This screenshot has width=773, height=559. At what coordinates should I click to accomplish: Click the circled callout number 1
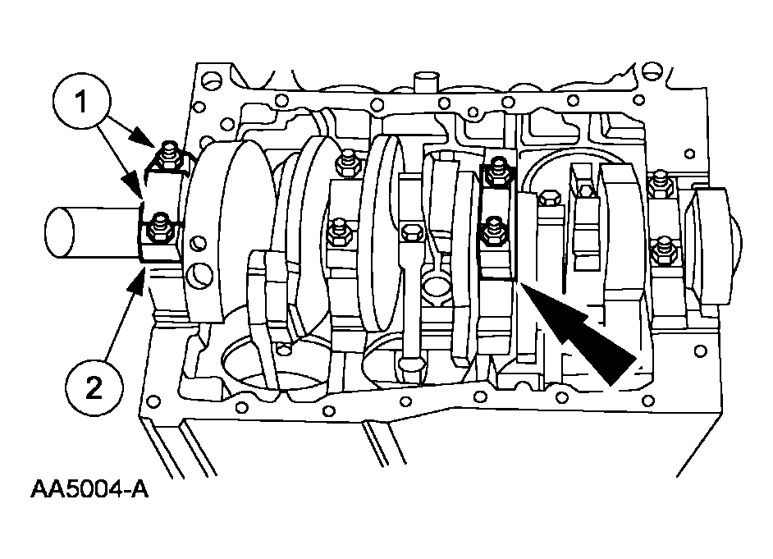pos(81,102)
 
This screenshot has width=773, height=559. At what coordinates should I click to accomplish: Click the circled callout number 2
pos(94,388)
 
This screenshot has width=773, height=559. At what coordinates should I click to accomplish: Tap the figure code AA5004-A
pos(89,489)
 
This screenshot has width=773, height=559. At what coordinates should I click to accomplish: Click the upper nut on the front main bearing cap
pos(168,155)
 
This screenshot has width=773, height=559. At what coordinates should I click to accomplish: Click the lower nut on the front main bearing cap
pos(158,228)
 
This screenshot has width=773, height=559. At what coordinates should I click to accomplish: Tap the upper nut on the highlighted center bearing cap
pos(498,171)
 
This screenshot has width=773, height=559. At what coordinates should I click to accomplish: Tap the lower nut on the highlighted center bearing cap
pos(493,231)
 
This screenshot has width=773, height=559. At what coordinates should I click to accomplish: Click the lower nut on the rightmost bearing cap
pos(661,251)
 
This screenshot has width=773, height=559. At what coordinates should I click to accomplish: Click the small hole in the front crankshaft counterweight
pos(199,242)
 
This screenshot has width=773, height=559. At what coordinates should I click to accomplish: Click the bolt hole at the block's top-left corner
pos(210,79)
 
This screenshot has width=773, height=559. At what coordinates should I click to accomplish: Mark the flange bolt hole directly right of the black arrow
pos(700,351)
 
